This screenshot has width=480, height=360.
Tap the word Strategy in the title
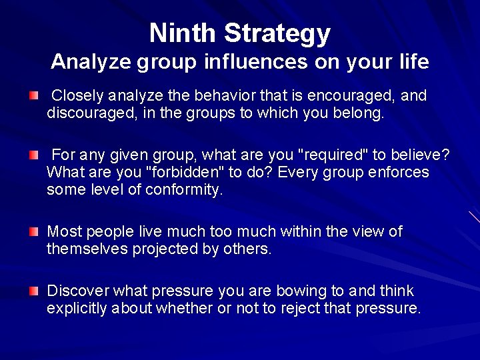277,33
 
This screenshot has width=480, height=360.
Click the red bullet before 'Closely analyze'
34,97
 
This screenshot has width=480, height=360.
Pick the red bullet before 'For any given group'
34,156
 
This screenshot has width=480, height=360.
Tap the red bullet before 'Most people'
34,232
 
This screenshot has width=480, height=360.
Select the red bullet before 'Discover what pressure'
34,291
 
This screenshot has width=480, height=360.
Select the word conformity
185,190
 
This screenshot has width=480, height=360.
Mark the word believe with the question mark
421,155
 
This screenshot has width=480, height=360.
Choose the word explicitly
77,309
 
